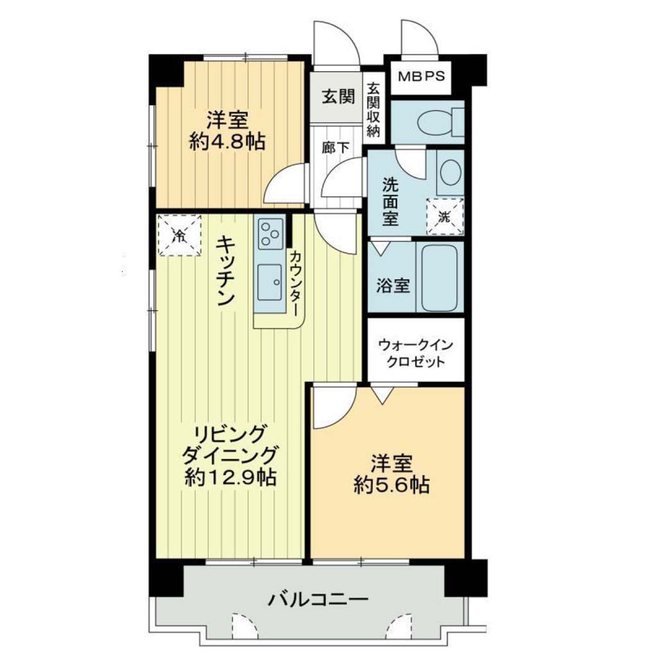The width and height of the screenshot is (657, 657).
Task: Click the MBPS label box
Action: pos(421,78)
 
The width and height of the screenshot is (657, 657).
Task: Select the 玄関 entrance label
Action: pos(339,97)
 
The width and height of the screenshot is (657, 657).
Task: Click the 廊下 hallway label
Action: pos(335,148)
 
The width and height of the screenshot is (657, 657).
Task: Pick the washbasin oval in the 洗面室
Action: pos(450,173)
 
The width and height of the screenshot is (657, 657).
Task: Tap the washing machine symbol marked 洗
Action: pos(445,217)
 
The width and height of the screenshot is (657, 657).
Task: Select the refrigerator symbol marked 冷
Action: pos(180,235)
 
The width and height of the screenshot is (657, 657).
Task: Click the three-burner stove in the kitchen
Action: pos(270,232)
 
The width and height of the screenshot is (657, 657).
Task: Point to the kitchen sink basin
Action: pos(269,282)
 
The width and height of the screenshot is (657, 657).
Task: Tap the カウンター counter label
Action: pos(295,283)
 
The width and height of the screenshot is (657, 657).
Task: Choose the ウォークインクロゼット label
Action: pos(416,354)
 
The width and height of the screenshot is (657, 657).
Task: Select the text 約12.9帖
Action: pos(230,477)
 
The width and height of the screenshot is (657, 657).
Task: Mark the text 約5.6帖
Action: pos(391,485)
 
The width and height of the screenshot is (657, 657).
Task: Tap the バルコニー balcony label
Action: pos(318,599)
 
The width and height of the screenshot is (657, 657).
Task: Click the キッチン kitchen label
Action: pos(225,271)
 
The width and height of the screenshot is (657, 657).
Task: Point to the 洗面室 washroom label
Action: pos(390,202)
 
